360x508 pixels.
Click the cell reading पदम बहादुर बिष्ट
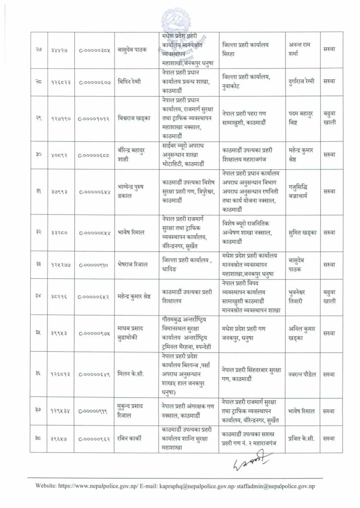[x=303, y=120]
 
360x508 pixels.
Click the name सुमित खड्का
[x=303, y=232]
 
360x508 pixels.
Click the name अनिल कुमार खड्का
[x=303, y=333]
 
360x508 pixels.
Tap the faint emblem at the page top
[x=179, y=22]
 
